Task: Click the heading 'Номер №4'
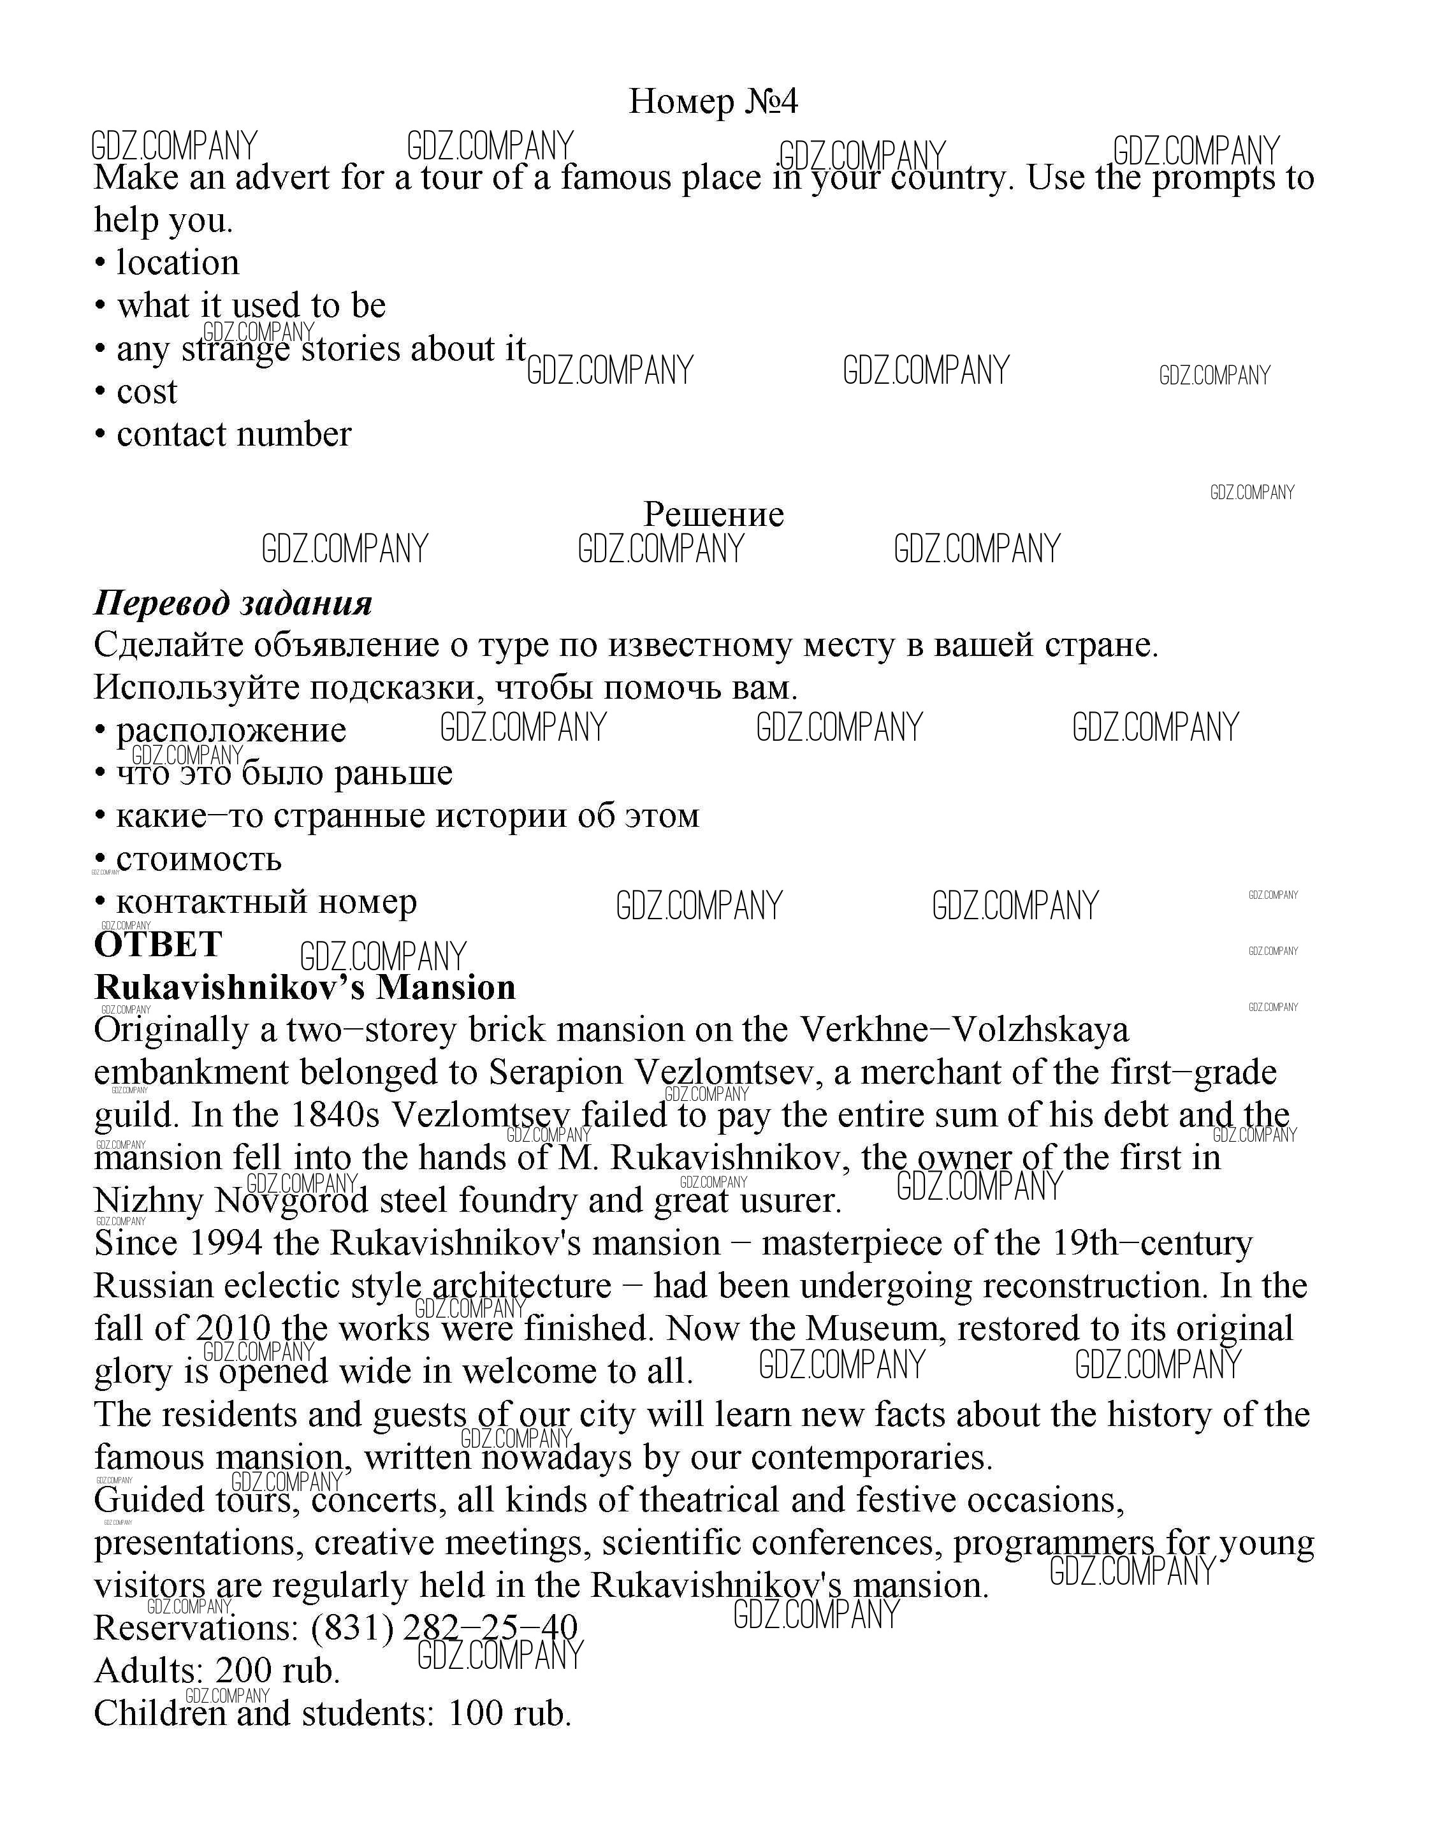[713, 101]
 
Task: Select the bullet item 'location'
[177, 263]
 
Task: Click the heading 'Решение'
[713, 514]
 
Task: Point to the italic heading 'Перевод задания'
[233, 603]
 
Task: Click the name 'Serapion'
[556, 1073]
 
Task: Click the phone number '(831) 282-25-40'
[444, 1628]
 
